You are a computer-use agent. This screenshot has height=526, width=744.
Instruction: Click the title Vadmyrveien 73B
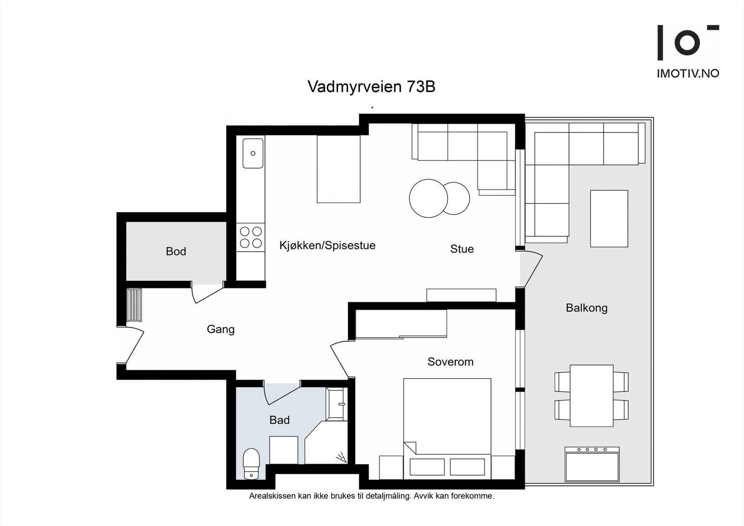371,87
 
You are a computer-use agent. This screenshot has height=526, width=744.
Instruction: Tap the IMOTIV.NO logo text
687,73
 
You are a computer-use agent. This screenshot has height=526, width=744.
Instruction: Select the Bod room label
176,252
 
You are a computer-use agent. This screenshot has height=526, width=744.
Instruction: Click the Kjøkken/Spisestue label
327,246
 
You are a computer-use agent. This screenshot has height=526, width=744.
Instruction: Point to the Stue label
462,249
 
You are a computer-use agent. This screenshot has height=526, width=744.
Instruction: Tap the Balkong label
586,308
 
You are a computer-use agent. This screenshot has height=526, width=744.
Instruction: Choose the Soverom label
450,362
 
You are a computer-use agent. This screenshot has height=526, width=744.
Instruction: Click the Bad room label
279,420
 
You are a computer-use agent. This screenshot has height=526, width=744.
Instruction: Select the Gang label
220,329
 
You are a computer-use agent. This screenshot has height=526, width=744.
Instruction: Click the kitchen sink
252,153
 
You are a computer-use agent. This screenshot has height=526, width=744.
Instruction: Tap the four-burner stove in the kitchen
251,237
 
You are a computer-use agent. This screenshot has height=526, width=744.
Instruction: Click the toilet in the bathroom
251,463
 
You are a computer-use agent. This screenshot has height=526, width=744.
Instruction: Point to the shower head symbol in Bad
342,458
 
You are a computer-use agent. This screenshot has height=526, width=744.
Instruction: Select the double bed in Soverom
447,428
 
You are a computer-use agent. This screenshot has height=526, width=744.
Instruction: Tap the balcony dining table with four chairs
591,396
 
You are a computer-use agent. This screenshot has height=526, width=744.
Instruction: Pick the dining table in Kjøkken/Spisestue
339,169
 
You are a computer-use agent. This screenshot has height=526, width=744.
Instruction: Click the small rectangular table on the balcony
609,219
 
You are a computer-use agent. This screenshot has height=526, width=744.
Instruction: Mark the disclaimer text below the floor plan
371,496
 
